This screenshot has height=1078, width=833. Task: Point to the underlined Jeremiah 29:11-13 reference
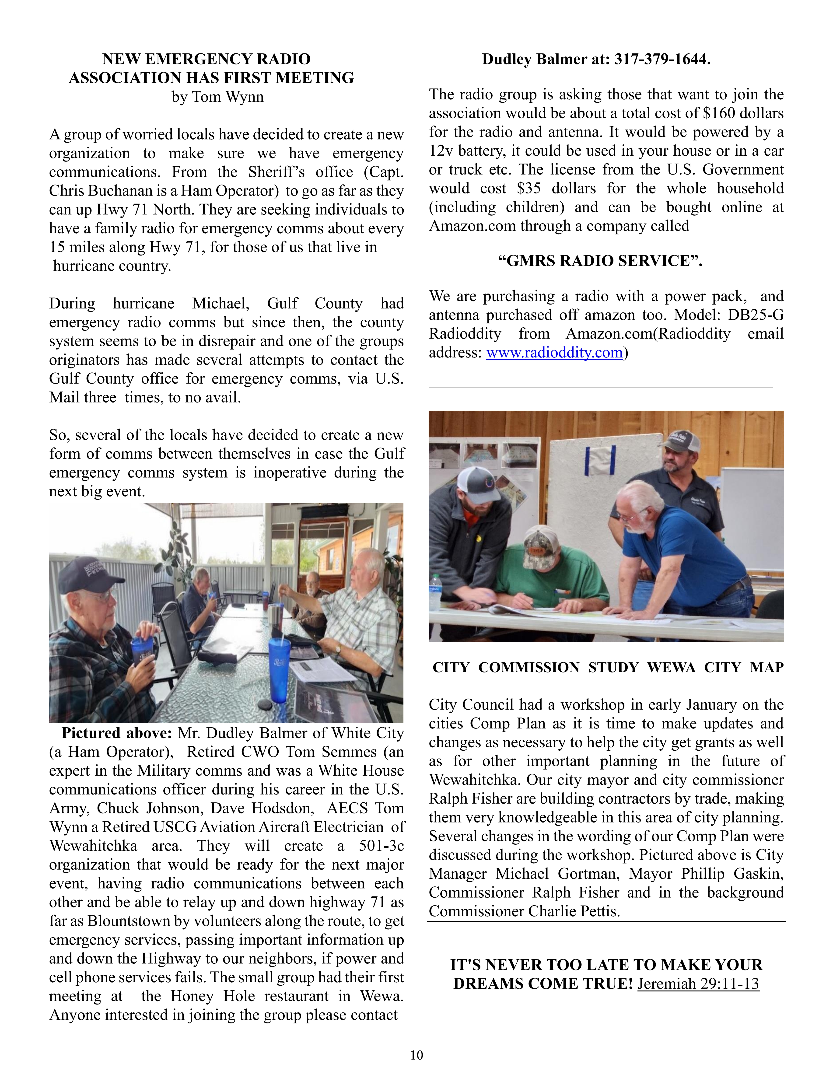[x=698, y=984]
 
